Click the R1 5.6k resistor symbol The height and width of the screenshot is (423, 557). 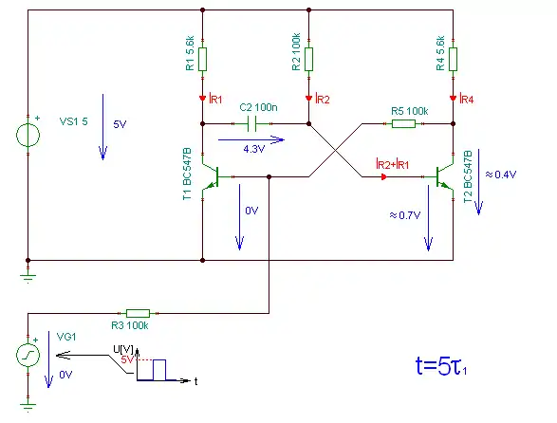point(202,60)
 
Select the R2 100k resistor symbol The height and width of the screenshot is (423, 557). point(308,60)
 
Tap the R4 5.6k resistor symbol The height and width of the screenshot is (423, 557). point(453,60)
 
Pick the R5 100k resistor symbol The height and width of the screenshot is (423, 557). point(403,124)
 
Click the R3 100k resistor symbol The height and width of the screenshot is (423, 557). point(139,313)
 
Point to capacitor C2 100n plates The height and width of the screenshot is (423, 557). point(251,124)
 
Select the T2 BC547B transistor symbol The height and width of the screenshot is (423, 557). point(444,176)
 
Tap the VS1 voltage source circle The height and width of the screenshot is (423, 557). point(28,135)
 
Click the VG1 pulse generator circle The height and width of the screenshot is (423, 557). point(28,355)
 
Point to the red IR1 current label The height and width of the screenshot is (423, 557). point(216,99)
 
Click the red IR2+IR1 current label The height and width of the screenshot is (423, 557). point(392,164)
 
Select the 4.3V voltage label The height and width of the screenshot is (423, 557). point(253,149)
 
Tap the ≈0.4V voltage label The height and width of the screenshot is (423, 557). point(501,175)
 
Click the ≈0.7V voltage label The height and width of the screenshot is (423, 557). point(405,215)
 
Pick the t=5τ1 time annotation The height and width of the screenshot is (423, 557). point(441,366)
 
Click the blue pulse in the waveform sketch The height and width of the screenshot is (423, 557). point(159,370)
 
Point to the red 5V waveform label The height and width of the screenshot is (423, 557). point(127,359)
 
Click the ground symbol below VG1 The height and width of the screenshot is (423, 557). point(28,406)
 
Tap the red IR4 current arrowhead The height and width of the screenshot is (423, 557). point(453,99)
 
